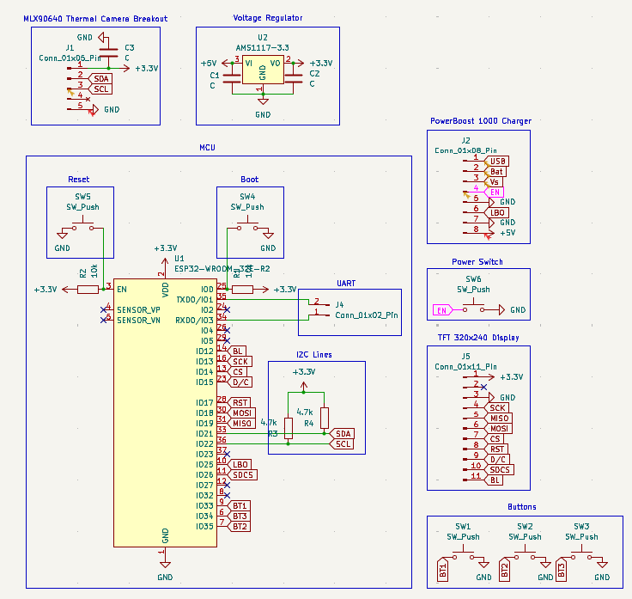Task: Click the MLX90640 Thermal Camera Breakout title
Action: [94, 18]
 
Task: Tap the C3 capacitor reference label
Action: [129, 47]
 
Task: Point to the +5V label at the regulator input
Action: [209, 64]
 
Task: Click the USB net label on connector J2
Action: [498, 162]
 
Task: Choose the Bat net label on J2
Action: [496, 172]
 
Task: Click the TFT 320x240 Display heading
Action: [478, 338]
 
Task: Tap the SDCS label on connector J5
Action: [499, 469]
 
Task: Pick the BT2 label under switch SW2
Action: [505, 568]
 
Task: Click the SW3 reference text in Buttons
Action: [581, 526]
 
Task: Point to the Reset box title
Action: [79, 180]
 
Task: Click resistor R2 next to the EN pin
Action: [88, 290]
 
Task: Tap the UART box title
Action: [346, 283]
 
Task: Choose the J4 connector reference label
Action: [339, 304]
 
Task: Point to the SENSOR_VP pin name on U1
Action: [138, 309]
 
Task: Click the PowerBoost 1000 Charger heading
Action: [481, 121]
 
